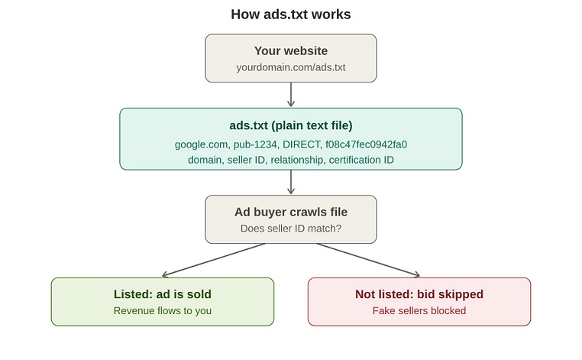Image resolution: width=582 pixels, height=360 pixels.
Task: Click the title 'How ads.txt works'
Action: tap(291, 15)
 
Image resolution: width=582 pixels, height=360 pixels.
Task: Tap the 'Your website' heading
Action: tap(291, 50)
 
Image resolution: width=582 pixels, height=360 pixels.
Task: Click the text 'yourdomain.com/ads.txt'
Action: tap(291, 67)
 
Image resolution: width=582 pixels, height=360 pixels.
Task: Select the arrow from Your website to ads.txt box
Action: tap(291, 94)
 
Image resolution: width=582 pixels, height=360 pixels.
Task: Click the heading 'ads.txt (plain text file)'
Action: tap(291, 125)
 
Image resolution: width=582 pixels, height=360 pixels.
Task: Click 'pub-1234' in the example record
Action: tap(255, 144)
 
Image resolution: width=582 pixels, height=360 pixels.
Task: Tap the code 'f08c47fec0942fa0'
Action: tap(367, 144)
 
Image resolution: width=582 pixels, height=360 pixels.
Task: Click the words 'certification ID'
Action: tap(361, 160)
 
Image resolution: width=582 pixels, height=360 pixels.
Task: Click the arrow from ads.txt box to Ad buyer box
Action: tap(291, 182)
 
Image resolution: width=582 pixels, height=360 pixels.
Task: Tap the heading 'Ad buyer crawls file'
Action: tap(291, 212)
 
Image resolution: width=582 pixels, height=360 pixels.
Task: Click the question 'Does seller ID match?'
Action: tap(291, 228)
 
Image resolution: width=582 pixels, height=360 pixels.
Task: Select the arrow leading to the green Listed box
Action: tap(213, 260)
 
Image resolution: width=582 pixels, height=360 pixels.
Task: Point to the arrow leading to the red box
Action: tap(368, 260)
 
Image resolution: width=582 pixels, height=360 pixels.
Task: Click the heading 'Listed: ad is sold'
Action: tap(163, 294)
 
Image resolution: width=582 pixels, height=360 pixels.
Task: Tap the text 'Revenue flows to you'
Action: tap(163, 310)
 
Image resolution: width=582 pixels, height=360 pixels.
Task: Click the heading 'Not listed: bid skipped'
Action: tap(419, 294)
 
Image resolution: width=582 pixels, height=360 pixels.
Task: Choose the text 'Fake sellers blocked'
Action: tap(419, 310)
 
